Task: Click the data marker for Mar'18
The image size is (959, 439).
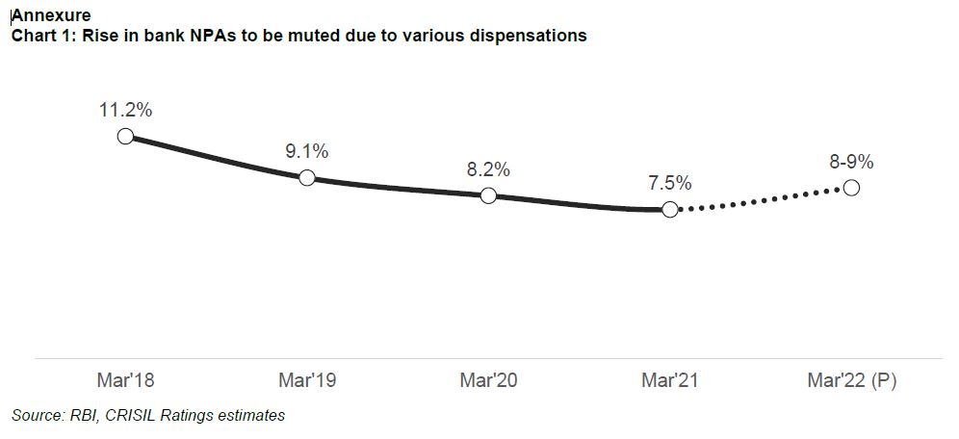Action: click(x=125, y=136)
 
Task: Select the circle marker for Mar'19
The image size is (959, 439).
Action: click(x=307, y=177)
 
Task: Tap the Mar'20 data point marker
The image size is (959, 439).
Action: click(x=488, y=195)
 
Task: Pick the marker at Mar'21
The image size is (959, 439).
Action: click(x=670, y=209)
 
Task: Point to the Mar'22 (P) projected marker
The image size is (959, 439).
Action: click(x=851, y=188)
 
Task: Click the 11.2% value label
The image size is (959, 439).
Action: click(x=125, y=110)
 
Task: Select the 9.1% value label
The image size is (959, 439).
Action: click(x=307, y=151)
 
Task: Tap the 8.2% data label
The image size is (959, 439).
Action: click(x=488, y=169)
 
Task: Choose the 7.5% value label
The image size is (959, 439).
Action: click(x=670, y=183)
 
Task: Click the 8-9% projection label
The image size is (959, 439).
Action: click(x=851, y=162)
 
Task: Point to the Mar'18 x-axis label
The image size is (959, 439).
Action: click(x=125, y=381)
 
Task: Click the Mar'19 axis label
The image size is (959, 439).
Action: click(x=307, y=381)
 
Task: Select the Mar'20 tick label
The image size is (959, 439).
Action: click(x=488, y=381)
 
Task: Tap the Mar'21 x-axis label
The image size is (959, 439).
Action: click(x=670, y=381)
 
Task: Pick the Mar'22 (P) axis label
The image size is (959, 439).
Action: click(x=851, y=381)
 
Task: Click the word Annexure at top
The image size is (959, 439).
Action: click(x=50, y=14)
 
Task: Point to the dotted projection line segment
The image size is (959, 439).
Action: click(x=761, y=198)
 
